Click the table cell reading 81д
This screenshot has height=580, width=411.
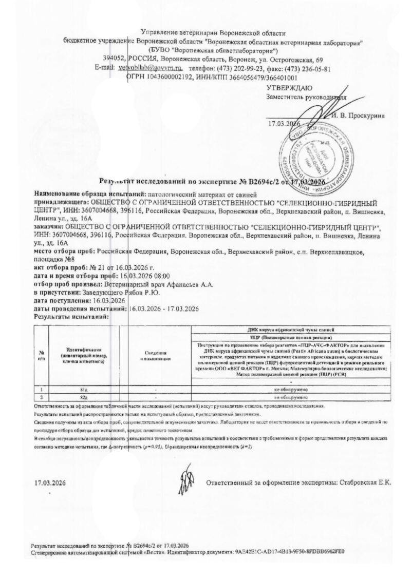83,390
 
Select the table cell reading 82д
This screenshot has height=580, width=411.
83,397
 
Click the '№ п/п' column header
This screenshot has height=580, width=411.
41,355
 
